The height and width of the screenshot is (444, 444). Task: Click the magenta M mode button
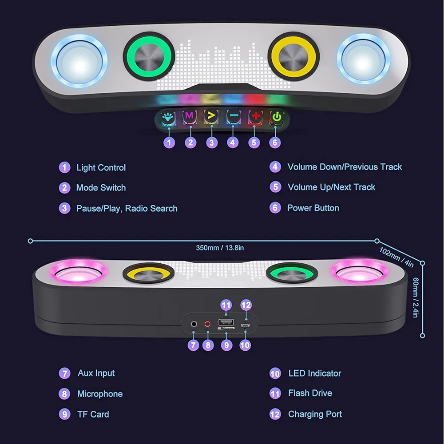(x=190, y=117)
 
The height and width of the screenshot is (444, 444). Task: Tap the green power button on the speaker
(x=277, y=117)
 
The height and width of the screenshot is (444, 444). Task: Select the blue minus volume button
(x=234, y=117)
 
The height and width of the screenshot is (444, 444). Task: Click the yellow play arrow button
(x=211, y=116)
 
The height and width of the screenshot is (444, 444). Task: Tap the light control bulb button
(x=168, y=118)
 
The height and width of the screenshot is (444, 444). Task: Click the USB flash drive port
(x=226, y=322)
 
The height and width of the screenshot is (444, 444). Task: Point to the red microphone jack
(x=207, y=324)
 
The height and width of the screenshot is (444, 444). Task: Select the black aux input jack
(x=194, y=324)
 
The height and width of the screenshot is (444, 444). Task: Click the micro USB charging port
(x=245, y=325)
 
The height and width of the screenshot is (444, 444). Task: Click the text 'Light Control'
(x=101, y=168)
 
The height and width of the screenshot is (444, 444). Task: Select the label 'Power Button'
(x=313, y=208)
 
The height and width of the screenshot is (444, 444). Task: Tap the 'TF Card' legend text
(x=93, y=414)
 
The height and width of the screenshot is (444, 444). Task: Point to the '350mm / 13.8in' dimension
(x=220, y=248)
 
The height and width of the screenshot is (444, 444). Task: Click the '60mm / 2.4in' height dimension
(x=416, y=297)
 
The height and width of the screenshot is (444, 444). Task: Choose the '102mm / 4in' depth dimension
(x=396, y=257)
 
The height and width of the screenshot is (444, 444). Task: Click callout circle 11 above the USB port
(x=226, y=305)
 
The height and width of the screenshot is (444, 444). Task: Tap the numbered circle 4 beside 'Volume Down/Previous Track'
(x=275, y=167)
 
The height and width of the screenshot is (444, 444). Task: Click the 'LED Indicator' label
(x=315, y=373)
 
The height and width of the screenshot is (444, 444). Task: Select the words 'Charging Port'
(x=315, y=414)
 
